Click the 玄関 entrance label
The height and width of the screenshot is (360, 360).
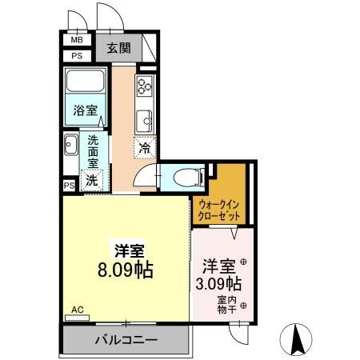tap(119, 48)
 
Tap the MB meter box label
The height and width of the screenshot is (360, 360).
tap(77, 39)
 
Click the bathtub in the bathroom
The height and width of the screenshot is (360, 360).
tap(86, 83)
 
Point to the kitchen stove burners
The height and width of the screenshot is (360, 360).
tap(145, 86)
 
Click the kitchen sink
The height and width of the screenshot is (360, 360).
tap(145, 121)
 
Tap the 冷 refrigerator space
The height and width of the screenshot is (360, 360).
tap(144, 146)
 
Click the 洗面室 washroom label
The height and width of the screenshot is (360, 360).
tap(93, 150)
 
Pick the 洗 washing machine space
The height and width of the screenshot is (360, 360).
tap(91, 180)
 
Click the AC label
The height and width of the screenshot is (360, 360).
tap(77, 309)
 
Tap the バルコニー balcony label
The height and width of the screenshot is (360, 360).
tap(126, 340)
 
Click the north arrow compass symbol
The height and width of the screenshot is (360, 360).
tap(295, 339)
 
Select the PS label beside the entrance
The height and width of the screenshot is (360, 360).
tap(77, 56)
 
